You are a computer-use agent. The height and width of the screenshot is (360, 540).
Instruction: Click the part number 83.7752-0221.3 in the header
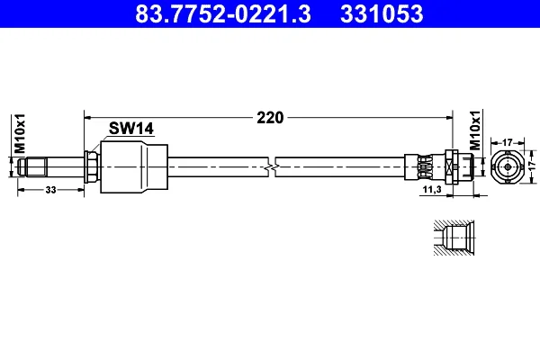click(x=223, y=13)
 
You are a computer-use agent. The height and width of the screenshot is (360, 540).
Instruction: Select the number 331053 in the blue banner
click(x=382, y=13)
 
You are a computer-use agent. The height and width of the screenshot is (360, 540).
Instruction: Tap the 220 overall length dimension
click(x=270, y=118)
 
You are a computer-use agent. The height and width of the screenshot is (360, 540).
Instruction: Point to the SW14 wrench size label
click(x=131, y=129)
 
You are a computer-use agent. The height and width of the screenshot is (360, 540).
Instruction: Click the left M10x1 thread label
click(x=20, y=133)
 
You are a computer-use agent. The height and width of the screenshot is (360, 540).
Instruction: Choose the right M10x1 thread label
click(x=475, y=130)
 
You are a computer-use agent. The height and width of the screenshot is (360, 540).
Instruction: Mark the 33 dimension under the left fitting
click(x=50, y=190)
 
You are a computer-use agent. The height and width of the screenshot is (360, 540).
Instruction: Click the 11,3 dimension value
click(x=432, y=189)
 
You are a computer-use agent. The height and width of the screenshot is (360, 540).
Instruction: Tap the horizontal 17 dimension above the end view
click(x=508, y=142)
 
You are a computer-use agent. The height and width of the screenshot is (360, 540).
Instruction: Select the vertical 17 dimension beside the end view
click(x=533, y=164)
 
